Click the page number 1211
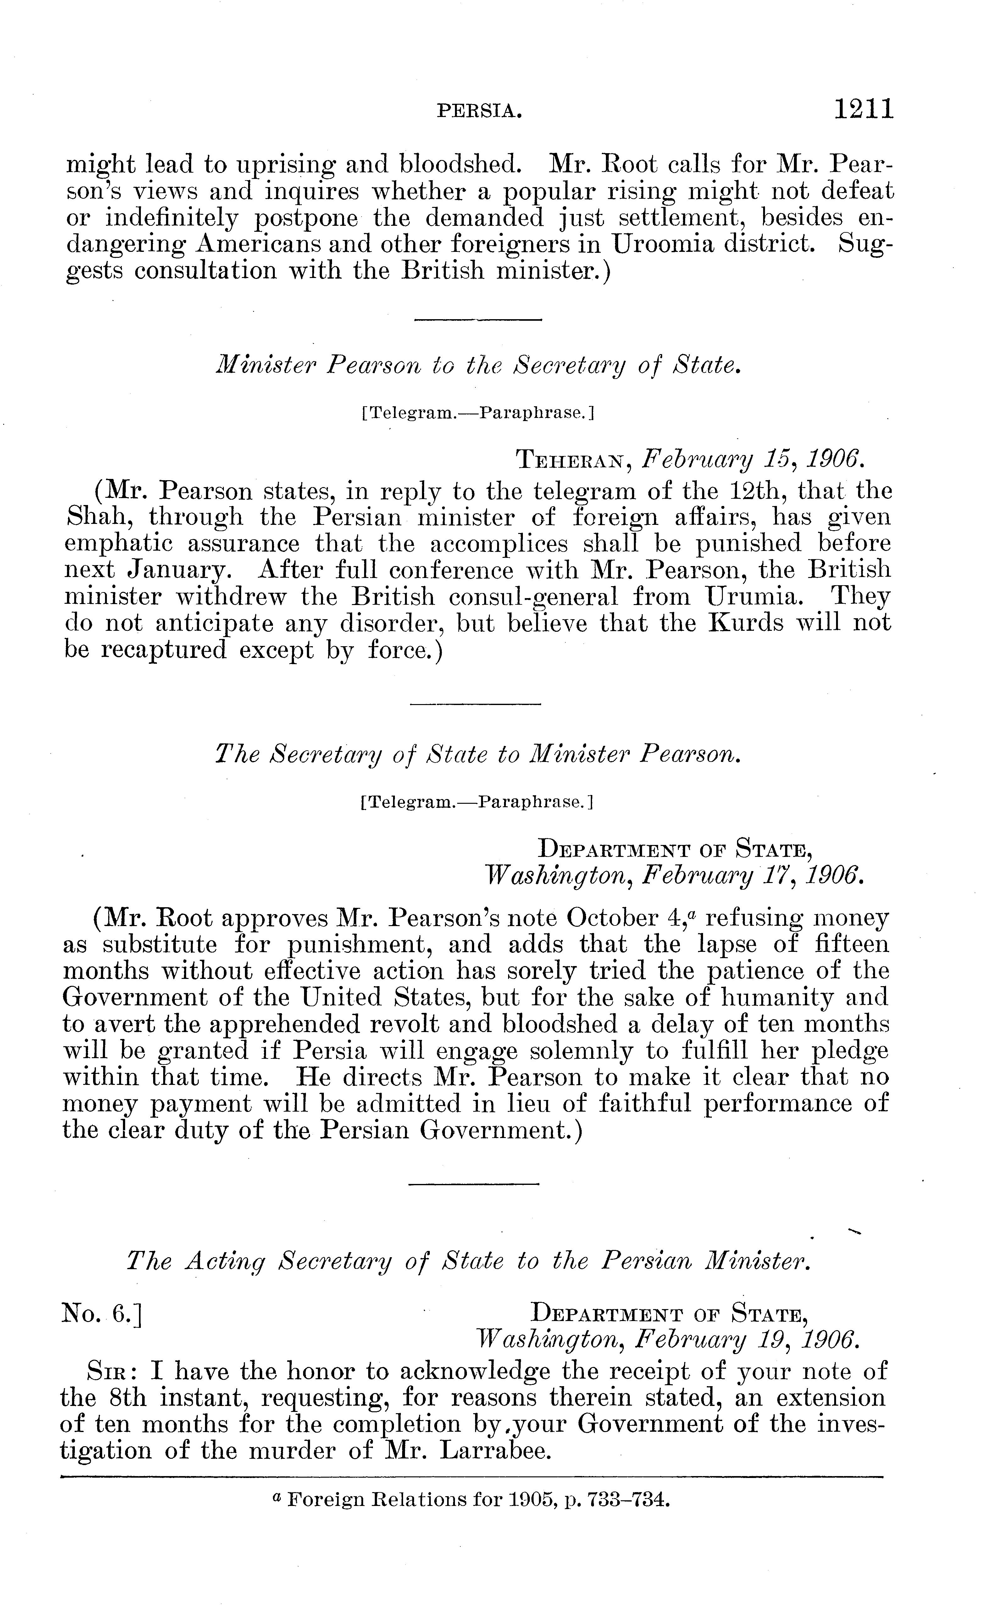pyautogui.click(x=864, y=109)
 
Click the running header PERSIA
pyautogui.click(x=479, y=112)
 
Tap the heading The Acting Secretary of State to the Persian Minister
pyautogui.click(x=468, y=1262)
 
